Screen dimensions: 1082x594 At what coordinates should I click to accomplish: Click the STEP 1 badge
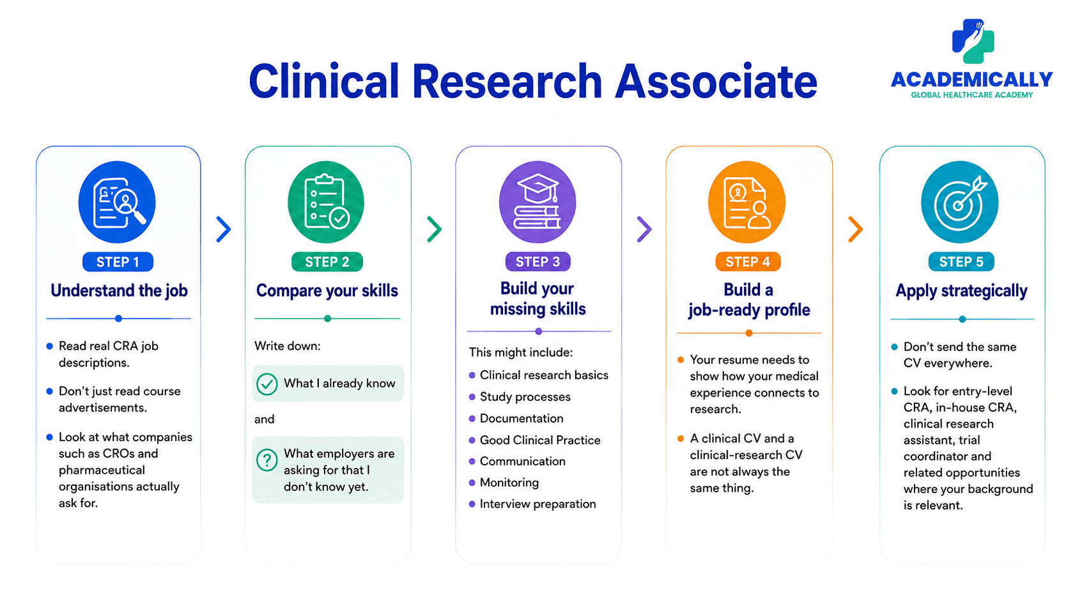(118, 262)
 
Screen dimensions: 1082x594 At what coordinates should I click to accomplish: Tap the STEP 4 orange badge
(748, 262)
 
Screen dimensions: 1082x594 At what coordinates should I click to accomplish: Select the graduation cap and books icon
(537, 202)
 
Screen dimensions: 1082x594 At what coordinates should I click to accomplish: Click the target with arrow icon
(960, 202)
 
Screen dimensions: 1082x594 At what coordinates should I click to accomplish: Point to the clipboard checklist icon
(326, 202)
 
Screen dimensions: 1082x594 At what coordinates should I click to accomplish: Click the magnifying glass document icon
(117, 202)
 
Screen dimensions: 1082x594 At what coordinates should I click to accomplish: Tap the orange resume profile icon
(746, 202)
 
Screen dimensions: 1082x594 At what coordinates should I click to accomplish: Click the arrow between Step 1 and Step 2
(224, 229)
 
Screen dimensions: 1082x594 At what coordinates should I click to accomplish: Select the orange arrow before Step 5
(856, 229)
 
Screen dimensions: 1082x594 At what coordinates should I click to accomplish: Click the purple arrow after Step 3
(644, 229)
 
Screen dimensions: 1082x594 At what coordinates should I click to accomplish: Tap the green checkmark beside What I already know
(267, 384)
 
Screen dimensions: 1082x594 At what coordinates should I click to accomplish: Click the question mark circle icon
(267, 460)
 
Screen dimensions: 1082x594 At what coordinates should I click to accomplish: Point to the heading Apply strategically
(961, 291)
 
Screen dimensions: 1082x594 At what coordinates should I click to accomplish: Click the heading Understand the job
(119, 290)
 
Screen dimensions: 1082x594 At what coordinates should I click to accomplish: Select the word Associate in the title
(716, 81)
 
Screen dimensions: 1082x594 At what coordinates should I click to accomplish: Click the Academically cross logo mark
(973, 41)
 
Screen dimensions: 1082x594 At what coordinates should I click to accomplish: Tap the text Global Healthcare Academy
(972, 95)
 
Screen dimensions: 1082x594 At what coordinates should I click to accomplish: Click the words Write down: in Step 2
(288, 346)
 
